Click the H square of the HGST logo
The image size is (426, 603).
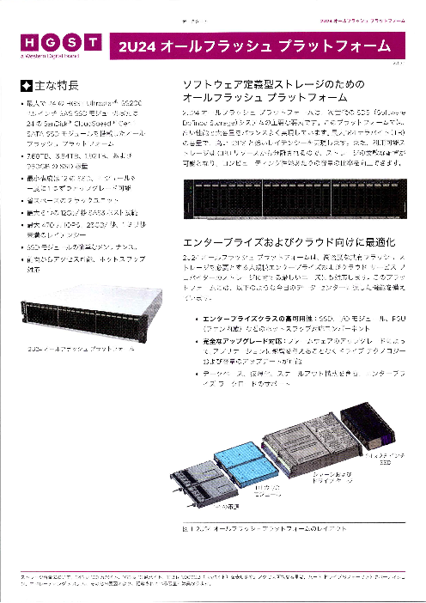[x=26, y=42]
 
